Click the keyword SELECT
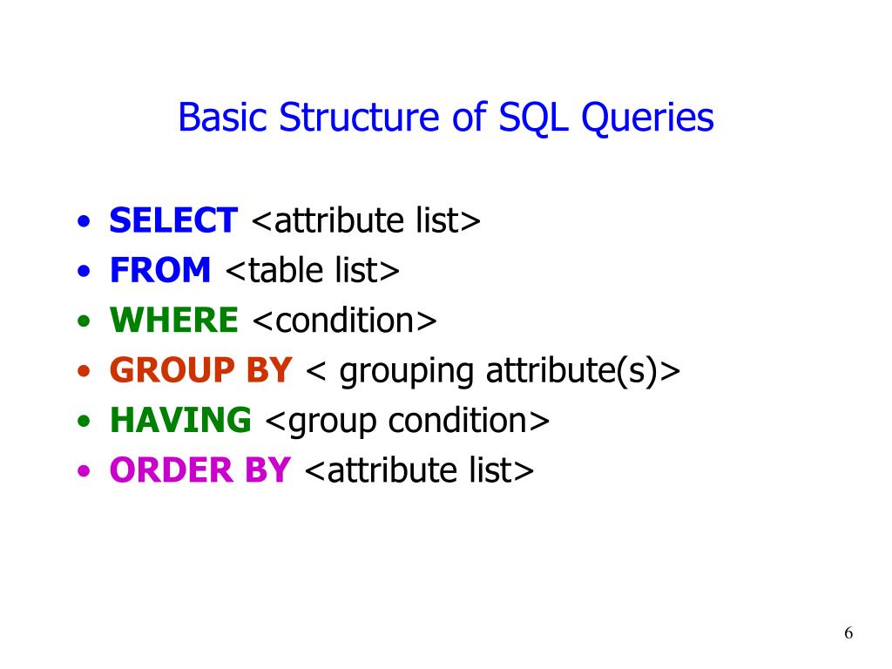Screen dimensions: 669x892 (x=172, y=221)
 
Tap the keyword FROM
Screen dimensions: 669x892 (x=159, y=271)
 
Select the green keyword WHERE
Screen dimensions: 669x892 (x=173, y=321)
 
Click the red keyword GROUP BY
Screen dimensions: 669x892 (x=200, y=371)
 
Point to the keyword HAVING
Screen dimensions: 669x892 (x=179, y=421)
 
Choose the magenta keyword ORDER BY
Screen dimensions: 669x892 (x=199, y=471)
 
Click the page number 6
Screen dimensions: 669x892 (x=848, y=633)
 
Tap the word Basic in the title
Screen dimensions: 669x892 (x=223, y=118)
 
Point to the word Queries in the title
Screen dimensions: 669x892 (x=647, y=118)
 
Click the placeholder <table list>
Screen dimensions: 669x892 (x=313, y=271)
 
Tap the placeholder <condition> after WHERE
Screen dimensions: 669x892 (x=344, y=321)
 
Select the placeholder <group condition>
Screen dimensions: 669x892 (x=407, y=421)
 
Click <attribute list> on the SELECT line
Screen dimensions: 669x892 (x=365, y=221)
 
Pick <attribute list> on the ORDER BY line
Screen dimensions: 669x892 (x=417, y=471)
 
